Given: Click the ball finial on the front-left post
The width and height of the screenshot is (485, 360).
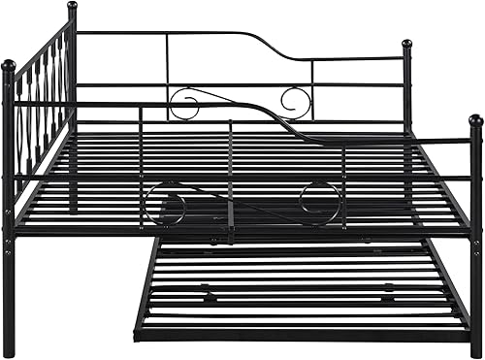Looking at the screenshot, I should [9, 65].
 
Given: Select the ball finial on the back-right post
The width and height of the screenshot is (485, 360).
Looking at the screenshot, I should [407, 44].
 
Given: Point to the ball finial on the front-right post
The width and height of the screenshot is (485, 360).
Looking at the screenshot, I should [475, 120].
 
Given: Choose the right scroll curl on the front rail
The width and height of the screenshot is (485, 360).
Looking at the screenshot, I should [318, 202].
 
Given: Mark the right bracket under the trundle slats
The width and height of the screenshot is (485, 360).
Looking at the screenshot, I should [388, 287].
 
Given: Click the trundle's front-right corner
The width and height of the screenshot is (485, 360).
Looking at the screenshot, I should [469, 336].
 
